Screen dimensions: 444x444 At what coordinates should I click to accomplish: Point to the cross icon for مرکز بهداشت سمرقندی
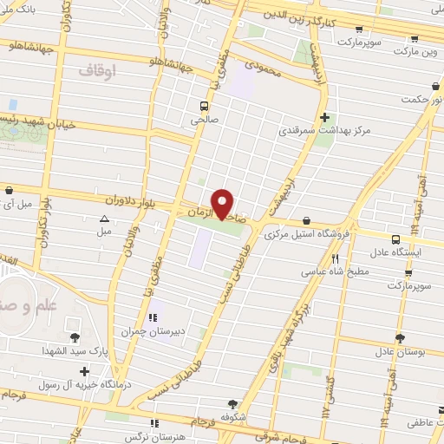pyautogui.click(x=323, y=117)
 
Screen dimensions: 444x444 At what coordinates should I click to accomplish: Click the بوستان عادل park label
pyautogui.click(x=398, y=352)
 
